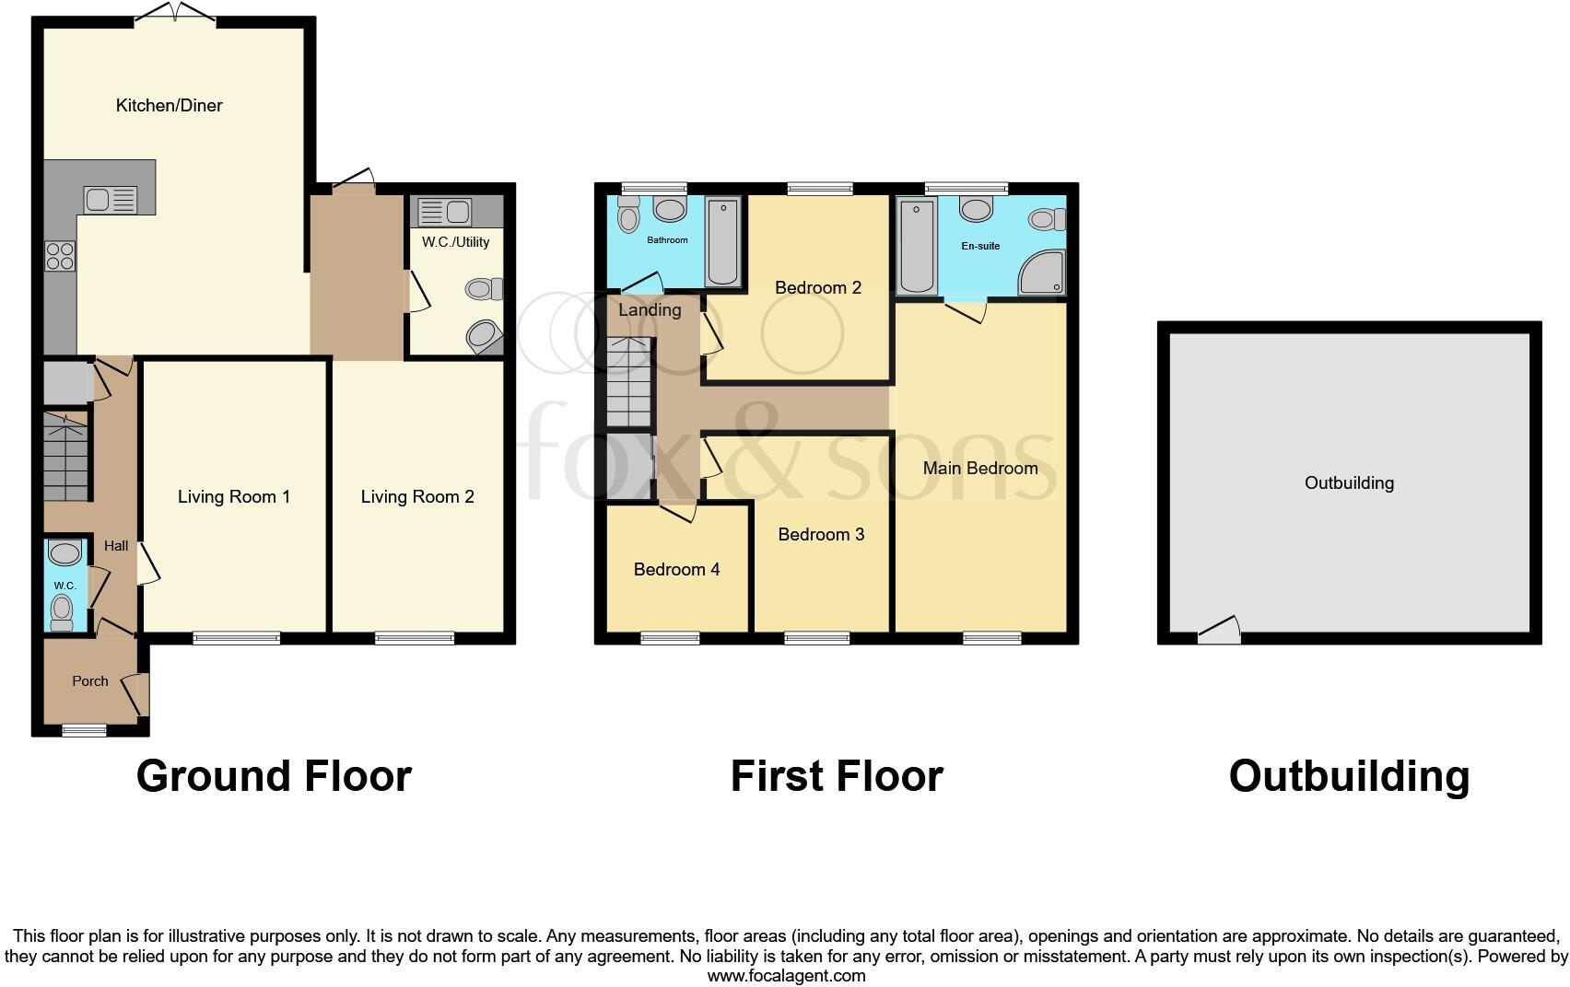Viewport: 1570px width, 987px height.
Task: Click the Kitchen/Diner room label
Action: [169, 106]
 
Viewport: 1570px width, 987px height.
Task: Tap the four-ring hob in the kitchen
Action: [60, 255]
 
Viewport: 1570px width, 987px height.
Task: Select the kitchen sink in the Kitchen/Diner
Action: [110, 200]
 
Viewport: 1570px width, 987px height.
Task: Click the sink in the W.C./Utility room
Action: [445, 213]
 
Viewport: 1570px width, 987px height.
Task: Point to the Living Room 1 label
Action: [234, 497]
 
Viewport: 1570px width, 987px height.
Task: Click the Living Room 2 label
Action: [417, 497]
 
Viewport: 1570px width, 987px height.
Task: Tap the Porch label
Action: [90, 681]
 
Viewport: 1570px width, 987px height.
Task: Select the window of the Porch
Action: [84, 730]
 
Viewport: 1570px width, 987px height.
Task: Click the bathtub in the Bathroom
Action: [721, 241]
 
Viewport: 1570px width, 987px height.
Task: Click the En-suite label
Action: [980, 246]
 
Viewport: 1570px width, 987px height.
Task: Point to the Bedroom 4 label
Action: [676, 570]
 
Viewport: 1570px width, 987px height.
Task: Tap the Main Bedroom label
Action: [980, 469]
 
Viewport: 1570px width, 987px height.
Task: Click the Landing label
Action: [650, 310]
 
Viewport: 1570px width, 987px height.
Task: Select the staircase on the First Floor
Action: [629, 382]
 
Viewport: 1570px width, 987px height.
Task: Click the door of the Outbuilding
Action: [1219, 633]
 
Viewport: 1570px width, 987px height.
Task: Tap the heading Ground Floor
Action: [274, 776]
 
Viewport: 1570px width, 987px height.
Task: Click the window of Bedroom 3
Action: [816, 637]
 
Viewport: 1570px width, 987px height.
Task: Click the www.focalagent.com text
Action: [786, 976]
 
